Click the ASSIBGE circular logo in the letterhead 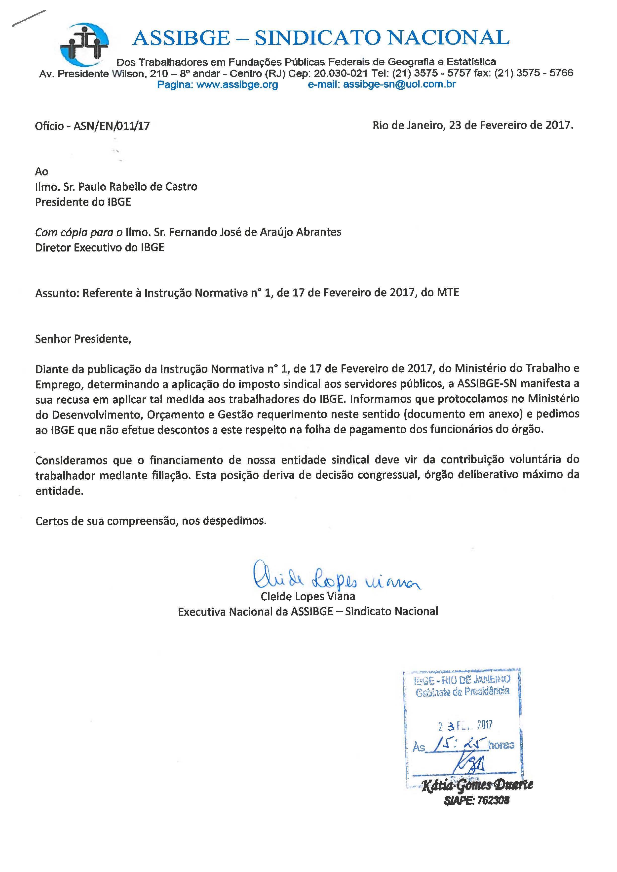[84, 44]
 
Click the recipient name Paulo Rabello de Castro [138, 187]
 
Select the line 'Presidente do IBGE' [83, 202]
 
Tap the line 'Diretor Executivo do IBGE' [100, 248]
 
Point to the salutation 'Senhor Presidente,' [83, 339]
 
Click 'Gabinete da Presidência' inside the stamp [462, 692]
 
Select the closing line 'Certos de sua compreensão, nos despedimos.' [151, 521]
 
